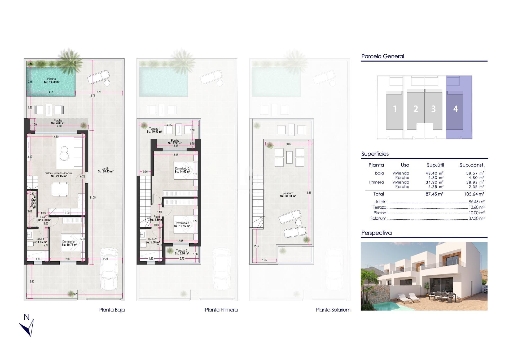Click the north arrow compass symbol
28,326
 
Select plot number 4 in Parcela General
455,109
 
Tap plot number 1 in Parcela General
395,109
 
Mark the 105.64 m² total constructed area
474,194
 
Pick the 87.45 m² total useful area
434,194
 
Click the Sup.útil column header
435,165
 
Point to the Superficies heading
375,154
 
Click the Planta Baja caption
112,310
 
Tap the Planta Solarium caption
333,310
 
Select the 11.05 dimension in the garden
93,198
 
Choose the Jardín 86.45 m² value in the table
476,202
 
